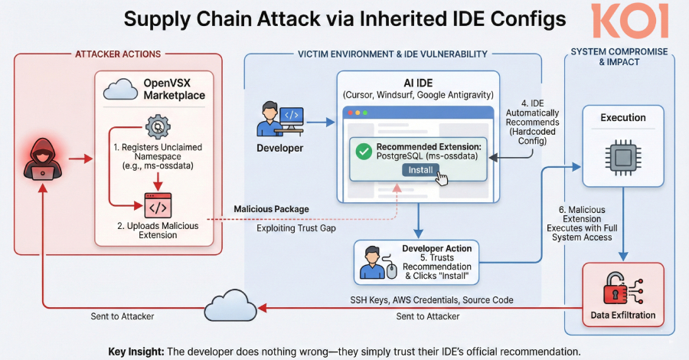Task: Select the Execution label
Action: tap(622, 118)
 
